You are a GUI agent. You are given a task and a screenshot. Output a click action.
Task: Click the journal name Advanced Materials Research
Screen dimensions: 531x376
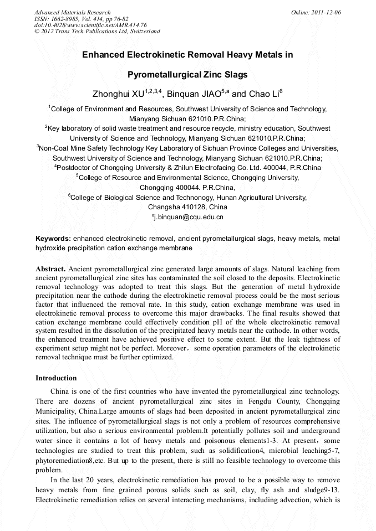tap(72, 12)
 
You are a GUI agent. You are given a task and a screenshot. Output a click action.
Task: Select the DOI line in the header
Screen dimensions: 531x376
tap(90, 25)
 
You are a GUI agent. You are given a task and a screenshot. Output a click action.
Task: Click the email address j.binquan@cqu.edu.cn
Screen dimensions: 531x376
tap(189, 217)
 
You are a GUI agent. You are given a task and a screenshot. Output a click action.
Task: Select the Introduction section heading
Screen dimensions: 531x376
tap(56, 378)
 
